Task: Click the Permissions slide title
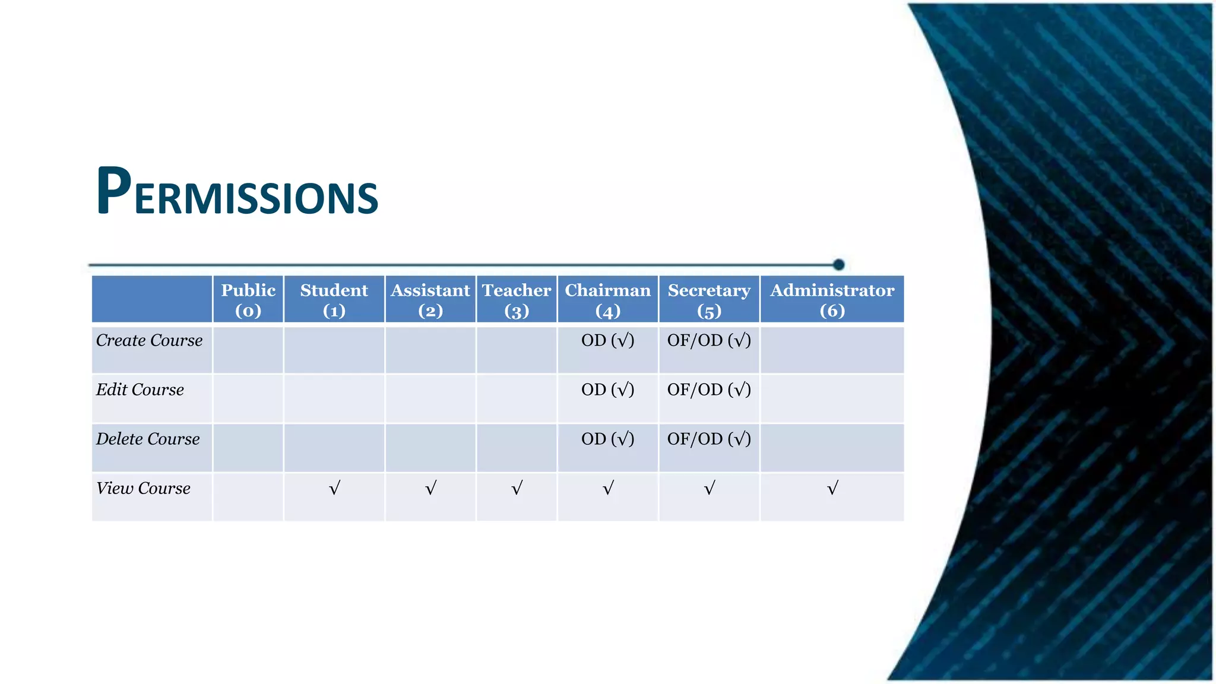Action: [237, 191]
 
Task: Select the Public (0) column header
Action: [248, 300]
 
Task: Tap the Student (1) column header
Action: [334, 300]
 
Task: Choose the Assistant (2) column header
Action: [430, 300]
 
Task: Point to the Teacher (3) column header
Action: [517, 300]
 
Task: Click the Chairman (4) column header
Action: [607, 300]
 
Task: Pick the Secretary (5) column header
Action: [709, 300]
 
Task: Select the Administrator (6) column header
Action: [832, 300]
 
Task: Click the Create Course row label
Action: [150, 340]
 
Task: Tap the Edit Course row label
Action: [140, 389]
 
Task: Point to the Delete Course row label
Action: [148, 439]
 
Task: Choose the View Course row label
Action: [143, 488]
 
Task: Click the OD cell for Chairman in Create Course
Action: [607, 340]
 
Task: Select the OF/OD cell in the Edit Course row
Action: [709, 389]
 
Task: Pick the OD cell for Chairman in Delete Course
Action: [607, 439]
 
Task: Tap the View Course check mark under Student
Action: [334, 488]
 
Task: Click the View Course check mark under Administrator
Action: [832, 488]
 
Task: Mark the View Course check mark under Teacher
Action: [517, 488]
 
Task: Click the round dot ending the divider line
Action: [838, 264]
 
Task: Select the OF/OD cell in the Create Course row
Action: [709, 340]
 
